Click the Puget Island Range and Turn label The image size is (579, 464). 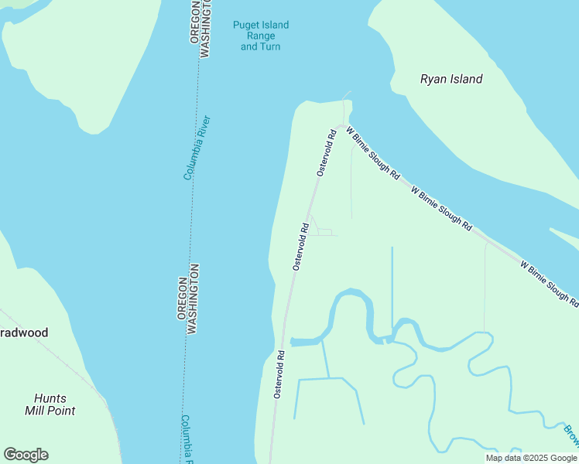[260, 36]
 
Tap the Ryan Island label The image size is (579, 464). [451, 79]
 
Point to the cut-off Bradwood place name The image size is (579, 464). [24, 333]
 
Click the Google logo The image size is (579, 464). [26, 454]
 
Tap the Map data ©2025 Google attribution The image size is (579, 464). [531, 458]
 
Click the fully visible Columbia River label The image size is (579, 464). [197, 148]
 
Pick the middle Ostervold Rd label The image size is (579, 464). [301, 247]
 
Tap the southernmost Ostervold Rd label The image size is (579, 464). [279, 375]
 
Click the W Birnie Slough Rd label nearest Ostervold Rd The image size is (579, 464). [372, 154]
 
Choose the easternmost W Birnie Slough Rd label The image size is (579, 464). [549, 283]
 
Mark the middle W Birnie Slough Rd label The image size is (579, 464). [441, 209]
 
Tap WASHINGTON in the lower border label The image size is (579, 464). [194, 299]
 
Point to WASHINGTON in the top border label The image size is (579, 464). [205, 28]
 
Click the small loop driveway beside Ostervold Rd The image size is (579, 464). [323, 231]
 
